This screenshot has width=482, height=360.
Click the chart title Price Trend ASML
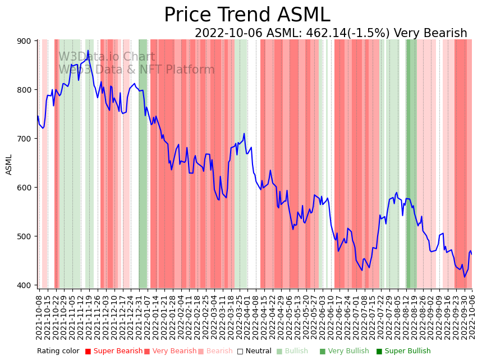point(247,15)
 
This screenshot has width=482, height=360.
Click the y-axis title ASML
point(9,165)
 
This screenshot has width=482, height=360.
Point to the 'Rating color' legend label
point(58,351)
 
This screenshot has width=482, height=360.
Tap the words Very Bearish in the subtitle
point(430,33)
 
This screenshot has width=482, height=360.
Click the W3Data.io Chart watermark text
point(107,57)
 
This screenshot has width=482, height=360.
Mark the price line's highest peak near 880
point(88,51)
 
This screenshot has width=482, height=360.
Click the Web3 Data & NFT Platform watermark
point(136,70)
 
